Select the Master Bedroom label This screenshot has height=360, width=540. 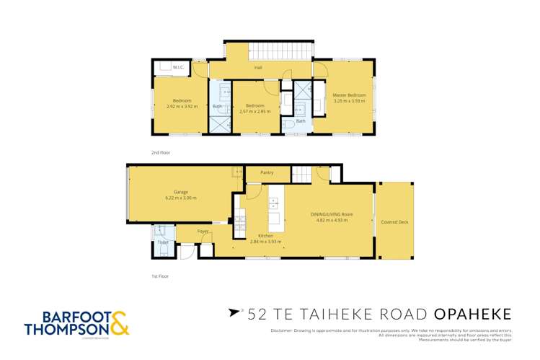(349, 95)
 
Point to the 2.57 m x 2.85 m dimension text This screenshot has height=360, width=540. (254, 112)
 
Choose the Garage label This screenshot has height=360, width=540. (180, 192)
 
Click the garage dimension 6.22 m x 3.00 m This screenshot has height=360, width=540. (180, 198)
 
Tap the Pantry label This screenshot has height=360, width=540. (267, 173)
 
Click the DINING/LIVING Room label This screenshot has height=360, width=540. (331, 214)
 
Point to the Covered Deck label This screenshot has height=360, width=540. (394, 221)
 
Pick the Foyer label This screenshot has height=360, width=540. (203, 232)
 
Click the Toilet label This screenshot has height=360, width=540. (163, 242)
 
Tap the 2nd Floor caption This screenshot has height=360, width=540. (160, 153)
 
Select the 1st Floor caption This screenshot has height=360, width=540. (159, 276)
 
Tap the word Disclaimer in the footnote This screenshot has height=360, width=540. (283, 330)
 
